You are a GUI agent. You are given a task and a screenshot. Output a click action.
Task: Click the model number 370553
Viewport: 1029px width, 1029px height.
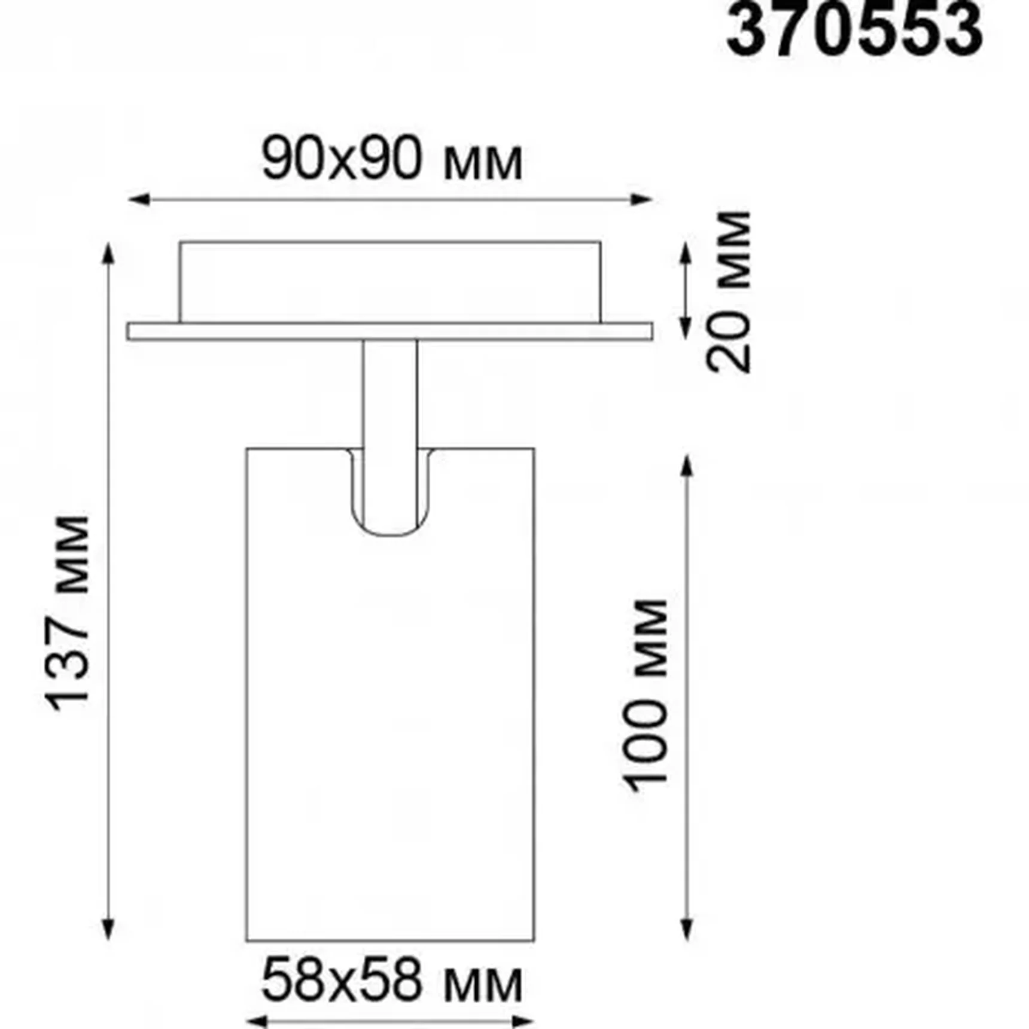[x=854, y=30]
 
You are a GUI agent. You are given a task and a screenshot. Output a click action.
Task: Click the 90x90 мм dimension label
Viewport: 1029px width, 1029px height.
[x=392, y=160]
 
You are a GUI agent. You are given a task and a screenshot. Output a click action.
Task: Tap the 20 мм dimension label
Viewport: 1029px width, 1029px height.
[x=728, y=292]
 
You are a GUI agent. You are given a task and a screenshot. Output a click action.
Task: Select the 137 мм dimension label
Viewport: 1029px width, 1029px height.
[x=68, y=613]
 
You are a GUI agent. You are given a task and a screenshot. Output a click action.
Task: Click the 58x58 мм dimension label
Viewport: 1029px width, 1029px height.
[x=392, y=981]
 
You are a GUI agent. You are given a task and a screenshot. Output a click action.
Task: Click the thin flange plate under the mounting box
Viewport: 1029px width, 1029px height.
[x=389, y=331]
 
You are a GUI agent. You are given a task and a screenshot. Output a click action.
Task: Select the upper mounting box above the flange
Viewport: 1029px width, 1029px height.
[x=389, y=281]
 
